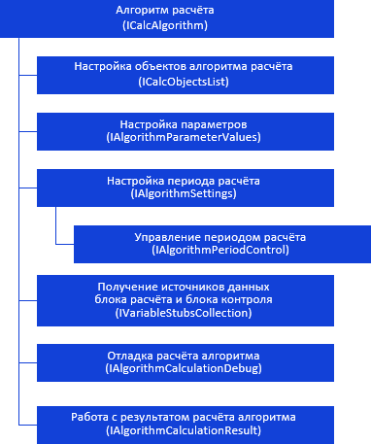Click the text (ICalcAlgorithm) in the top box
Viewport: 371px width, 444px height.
click(x=165, y=25)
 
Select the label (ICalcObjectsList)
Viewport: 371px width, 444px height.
click(x=184, y=82)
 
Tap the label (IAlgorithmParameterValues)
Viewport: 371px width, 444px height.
click(x=184, y=137)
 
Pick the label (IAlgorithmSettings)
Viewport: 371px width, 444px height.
click(x=184, y=193)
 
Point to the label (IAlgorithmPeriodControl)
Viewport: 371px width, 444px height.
click(x=220, y=250)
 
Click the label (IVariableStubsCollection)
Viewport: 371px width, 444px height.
click(x=184, y=313)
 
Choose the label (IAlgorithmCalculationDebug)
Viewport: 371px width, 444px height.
click(x=184, y=368)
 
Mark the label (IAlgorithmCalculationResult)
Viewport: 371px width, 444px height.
click(x=184, y=430)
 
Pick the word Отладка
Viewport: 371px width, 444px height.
click(x=130, y=356)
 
